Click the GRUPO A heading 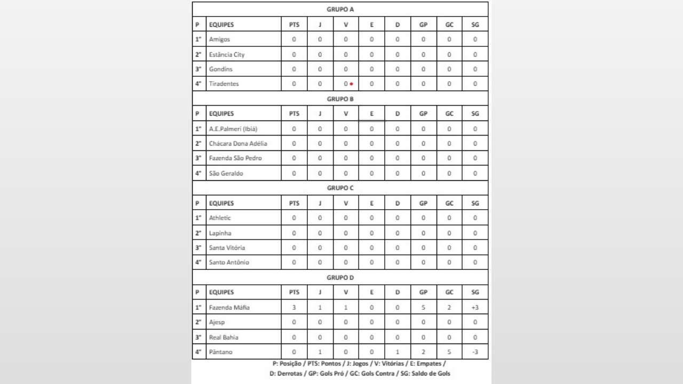click(340, 10)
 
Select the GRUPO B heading click(340, 99)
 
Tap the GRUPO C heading click(340, 188)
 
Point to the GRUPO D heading click(340, 277)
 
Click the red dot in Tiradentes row click(352, 84)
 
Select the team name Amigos click(219, 39)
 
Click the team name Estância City click(227, 54)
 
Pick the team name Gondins click(221, 69)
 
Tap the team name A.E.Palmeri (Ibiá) click(233, 129)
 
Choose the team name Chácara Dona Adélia click(238, 143)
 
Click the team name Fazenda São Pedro click(235, 158)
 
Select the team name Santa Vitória click(228, 247)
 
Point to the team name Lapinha click(220, 233)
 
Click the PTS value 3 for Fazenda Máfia click(294, 307)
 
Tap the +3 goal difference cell click(475, 307)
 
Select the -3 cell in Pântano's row click(475, 352)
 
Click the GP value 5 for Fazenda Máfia click(423, 307)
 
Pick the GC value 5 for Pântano click(449, 352)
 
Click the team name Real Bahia click(224, 337)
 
